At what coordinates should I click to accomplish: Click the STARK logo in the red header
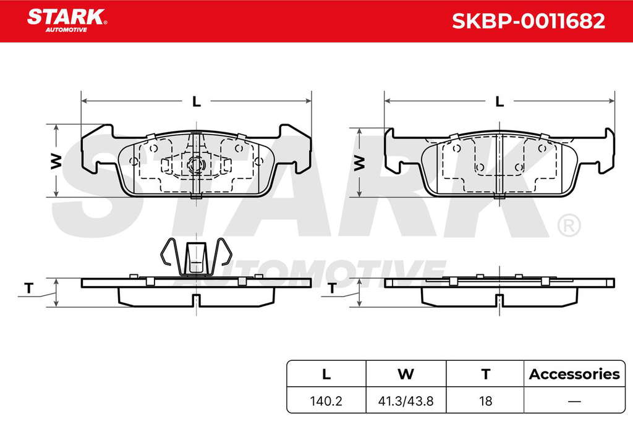tap(67, 20)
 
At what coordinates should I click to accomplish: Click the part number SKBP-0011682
tap(529, 21)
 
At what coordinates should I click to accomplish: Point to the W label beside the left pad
tap(56, 161)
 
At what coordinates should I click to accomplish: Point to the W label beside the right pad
tap(359, 162)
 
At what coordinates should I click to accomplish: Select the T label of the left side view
tap(28, 288)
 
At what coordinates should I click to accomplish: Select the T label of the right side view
tap(332, 288)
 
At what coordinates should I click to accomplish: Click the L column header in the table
tap(326, 374)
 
